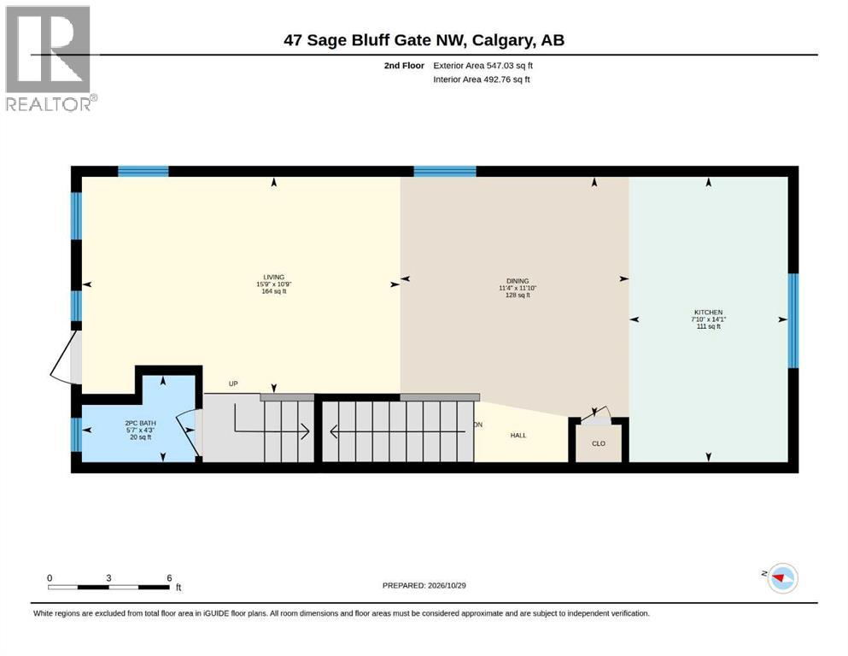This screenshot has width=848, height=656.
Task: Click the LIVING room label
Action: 273,277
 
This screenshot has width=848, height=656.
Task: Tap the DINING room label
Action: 518,281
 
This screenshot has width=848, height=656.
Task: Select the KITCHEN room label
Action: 709,312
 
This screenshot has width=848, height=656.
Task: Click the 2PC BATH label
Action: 141,423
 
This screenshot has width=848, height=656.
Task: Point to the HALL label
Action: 518,436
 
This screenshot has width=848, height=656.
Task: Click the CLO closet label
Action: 598,443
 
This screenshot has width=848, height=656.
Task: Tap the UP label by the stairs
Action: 233,384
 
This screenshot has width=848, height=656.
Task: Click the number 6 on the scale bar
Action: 169,577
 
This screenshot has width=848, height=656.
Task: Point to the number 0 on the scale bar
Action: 50,577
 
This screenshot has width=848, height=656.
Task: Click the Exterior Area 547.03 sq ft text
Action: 483,66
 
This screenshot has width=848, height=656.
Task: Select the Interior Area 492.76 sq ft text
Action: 482,79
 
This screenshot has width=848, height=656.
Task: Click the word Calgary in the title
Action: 500,40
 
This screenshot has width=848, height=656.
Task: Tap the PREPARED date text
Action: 424,585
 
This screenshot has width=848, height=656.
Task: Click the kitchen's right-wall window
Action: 792,320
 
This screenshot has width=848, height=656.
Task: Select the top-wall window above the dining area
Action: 445,172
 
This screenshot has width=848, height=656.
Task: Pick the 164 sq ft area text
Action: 273,291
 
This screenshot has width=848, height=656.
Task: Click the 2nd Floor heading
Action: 404,66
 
